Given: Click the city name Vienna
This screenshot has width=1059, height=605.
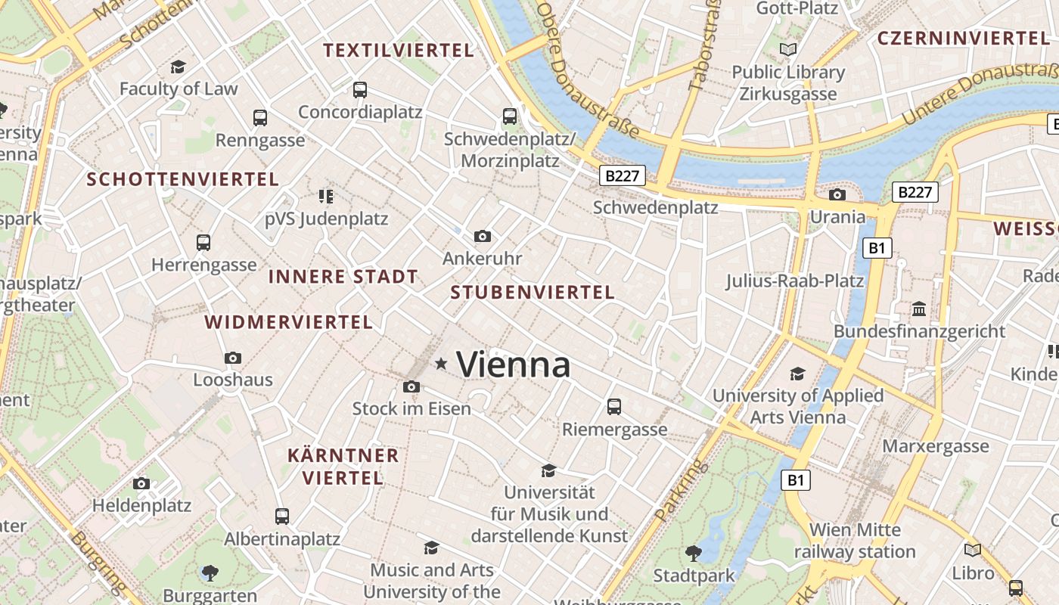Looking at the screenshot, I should (x=514, y=365).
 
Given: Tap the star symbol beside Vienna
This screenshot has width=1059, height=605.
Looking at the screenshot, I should (x=441, y=365).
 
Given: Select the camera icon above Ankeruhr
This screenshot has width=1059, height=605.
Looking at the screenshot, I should (x=483, y=237).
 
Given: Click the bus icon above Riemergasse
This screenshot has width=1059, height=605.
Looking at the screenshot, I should (x=614, y=407).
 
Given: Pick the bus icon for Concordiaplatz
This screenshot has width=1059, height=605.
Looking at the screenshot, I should (x=360, y=90).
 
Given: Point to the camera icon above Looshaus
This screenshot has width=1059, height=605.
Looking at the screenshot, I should (x=233, y=358).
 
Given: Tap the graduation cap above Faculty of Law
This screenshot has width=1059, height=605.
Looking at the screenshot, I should (x=179, y=67).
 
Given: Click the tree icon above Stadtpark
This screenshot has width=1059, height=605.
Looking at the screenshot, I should (x=693, y=554).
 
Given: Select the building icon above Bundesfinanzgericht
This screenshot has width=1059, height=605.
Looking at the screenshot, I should (x=919, y=309).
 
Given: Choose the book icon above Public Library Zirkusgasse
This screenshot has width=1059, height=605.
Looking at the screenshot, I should (x=788, y=50).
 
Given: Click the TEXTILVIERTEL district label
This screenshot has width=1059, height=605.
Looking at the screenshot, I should (x=399, y=51).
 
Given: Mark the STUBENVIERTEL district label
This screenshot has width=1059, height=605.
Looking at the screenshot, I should (x=533, y=293).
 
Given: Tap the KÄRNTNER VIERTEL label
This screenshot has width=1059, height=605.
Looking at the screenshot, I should (x=343, y=467).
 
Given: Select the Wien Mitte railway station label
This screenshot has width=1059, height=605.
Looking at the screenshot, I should (x=855, y=541).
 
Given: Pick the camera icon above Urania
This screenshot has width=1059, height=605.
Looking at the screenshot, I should (x=837, y=195).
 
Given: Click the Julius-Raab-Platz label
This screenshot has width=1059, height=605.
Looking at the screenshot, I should (x=794, y=281).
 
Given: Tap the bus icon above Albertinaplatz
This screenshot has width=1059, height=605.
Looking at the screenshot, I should (x=282, y=517).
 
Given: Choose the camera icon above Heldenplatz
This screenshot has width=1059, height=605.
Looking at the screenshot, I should (x=141, y=483).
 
